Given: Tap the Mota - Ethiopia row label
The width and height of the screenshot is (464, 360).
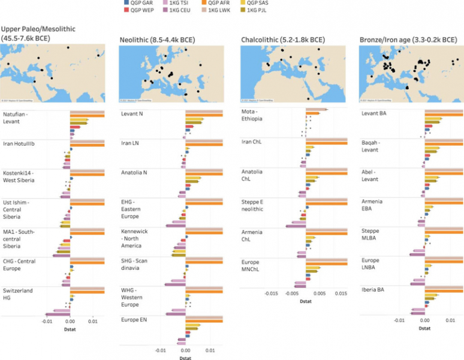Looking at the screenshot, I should point(252,116).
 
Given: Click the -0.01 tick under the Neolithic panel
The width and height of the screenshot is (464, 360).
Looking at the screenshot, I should point(161,349).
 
